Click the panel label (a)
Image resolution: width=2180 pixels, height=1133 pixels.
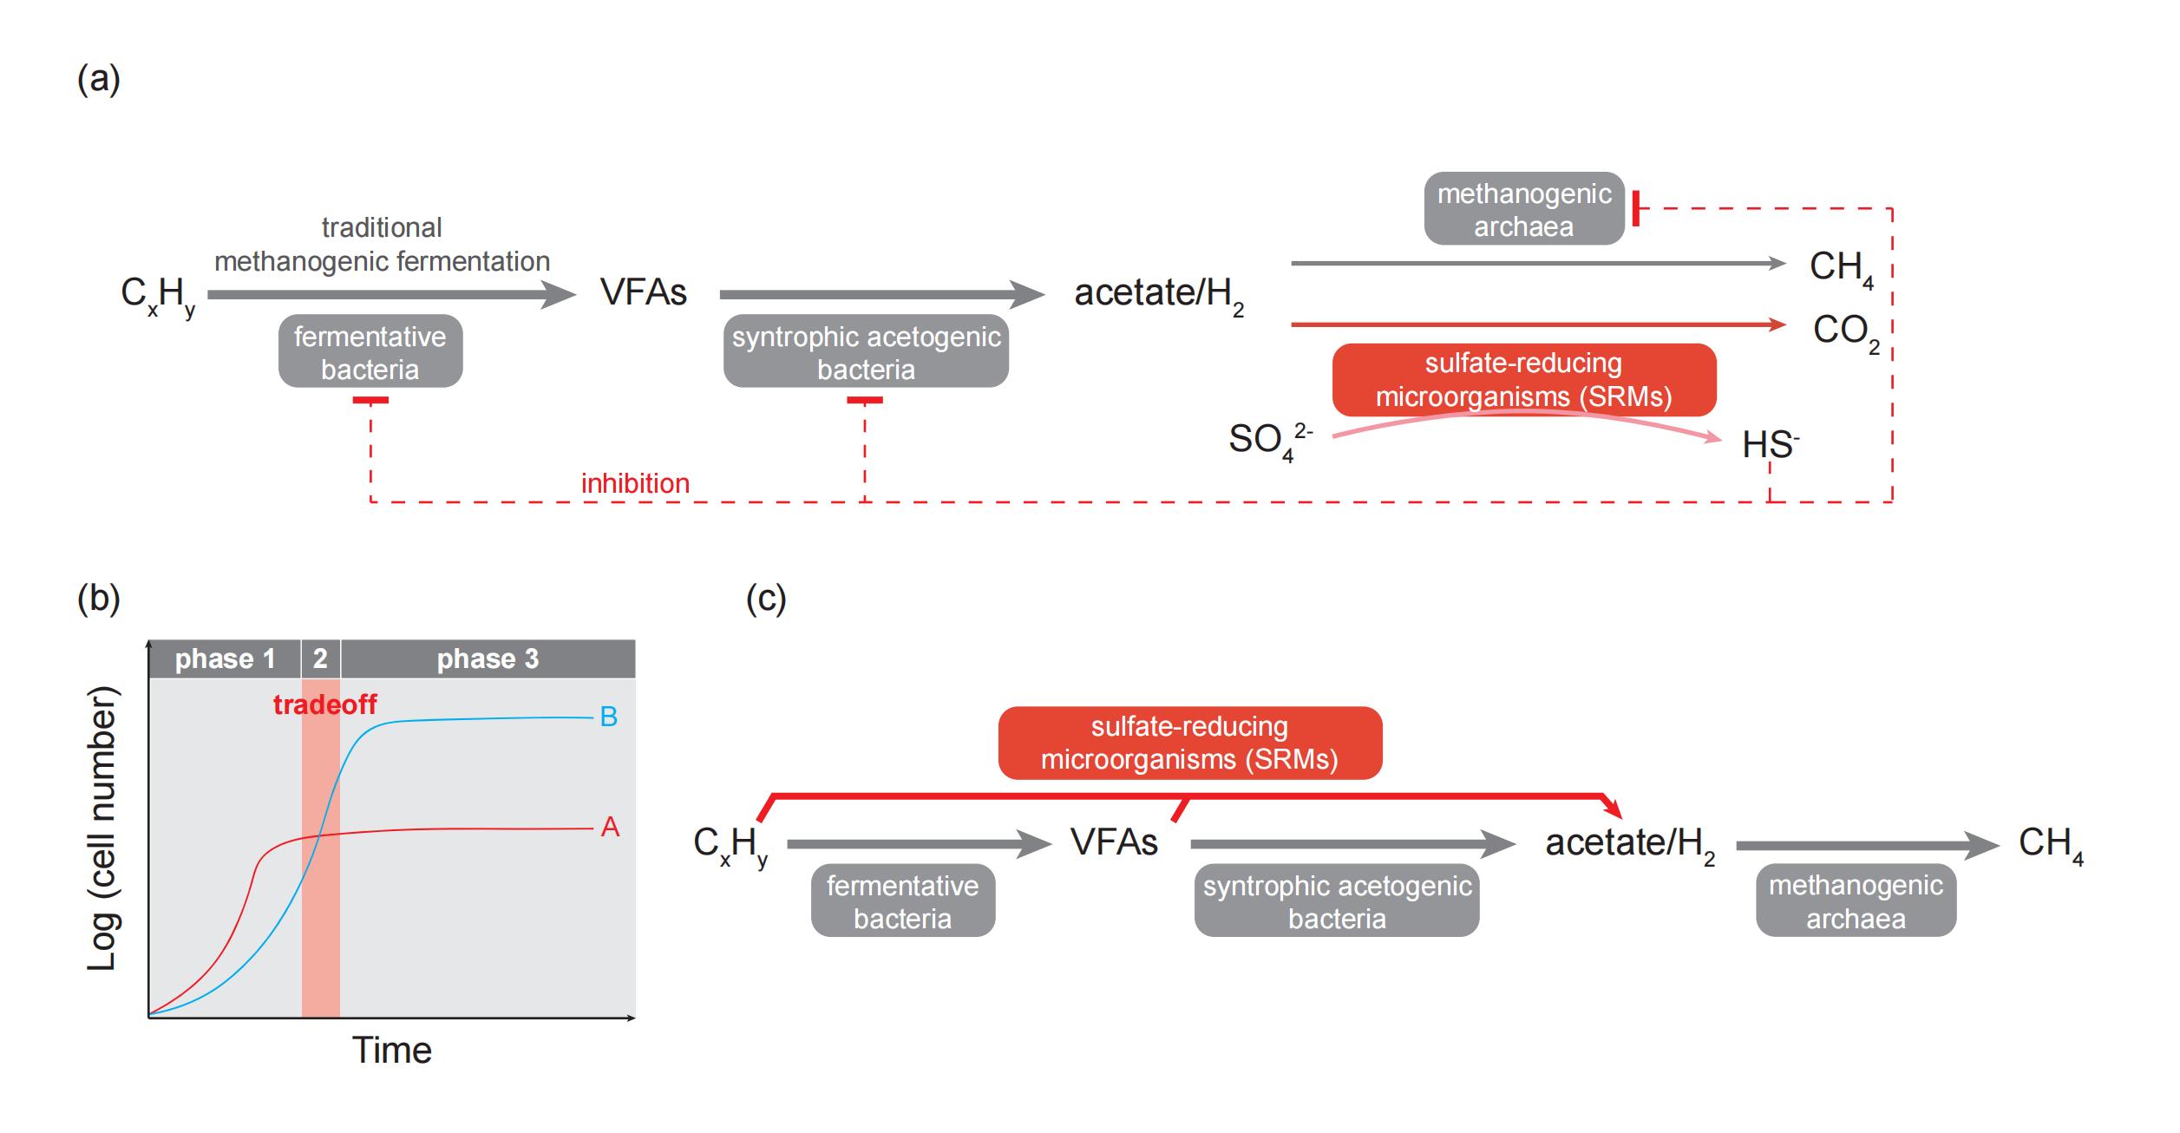point(98,80)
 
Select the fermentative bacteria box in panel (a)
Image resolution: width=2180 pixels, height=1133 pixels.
point(370,352)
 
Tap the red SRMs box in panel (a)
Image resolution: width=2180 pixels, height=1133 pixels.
point(1523,380)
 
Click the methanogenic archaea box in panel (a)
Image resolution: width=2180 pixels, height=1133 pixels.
point(1524,210)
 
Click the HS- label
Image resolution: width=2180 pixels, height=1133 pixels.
point(1770,444)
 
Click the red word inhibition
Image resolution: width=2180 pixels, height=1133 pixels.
point(635,483)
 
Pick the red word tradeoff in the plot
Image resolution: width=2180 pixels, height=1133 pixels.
point(324,704)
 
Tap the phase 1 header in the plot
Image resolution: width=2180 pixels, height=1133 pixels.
point(225,659)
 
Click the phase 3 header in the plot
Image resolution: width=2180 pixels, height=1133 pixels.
point(488,659)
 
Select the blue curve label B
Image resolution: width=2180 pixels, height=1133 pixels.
point(609,717)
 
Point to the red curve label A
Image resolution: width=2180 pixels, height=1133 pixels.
point(610,828)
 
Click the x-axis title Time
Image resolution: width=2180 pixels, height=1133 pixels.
point(391,1051)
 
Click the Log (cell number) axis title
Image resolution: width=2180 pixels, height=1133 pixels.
point(102,828)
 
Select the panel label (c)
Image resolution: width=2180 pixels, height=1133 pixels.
point(766,599)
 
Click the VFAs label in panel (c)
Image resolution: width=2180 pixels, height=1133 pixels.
point(1114,842)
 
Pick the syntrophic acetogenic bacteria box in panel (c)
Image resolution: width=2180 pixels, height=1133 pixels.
point(1336,901)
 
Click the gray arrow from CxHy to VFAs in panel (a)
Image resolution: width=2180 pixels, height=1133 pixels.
point(390,295)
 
